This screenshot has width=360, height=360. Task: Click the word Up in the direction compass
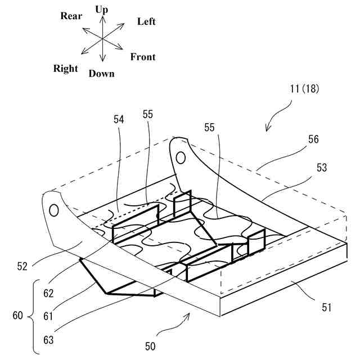tap(102, 10)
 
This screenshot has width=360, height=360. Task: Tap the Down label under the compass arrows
tap(101, 74)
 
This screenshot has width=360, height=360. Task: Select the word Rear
tap(72, 16)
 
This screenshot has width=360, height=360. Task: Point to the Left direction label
tap(146, 21)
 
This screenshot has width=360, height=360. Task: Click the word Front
tap(143, 57)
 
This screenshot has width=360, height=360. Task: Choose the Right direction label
tap(66, 69)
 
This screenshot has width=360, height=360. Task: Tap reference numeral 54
tap(118, 119)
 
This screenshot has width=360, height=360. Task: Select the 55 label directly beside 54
tap(148, 114)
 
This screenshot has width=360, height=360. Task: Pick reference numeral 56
tap(313, 139)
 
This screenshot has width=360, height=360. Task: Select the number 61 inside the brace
tap(48, 316)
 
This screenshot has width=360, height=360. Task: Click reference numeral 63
tap(48, 339)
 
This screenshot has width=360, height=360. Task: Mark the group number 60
tap(17, 316)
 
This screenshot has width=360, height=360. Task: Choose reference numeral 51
tap(326, 308)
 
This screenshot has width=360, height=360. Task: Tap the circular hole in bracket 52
tap(53, 211)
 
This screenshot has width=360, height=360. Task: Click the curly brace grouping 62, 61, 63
tap(34, 316)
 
